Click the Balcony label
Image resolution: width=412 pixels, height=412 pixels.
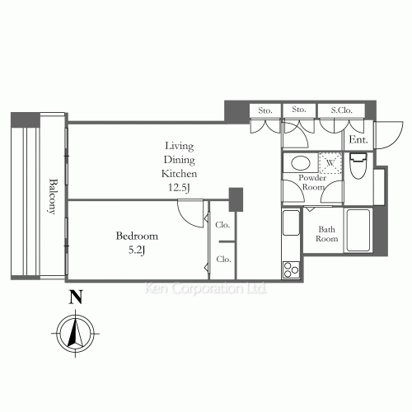click(x=52, y=196)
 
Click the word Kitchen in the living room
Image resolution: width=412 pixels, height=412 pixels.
click(x=179, y=174)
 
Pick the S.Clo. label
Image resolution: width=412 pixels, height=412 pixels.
click(x=342, y=110)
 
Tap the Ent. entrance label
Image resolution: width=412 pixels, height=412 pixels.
click(x=358, y=140)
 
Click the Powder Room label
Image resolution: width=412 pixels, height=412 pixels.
click(x=311, y=182)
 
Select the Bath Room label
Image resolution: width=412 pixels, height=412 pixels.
click(x=327, y=234)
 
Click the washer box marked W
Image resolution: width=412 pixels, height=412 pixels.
click(x=330, y=163)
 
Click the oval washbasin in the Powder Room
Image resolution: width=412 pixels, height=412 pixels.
click(x=300, y=163)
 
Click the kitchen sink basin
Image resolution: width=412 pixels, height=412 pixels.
click(x=291, y=225)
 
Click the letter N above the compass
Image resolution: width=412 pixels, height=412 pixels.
click(x=75, y=297)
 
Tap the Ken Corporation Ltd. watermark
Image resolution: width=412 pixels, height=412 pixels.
click(x=205, y=289)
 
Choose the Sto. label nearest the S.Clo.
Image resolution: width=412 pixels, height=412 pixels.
click(x=298, y=110)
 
